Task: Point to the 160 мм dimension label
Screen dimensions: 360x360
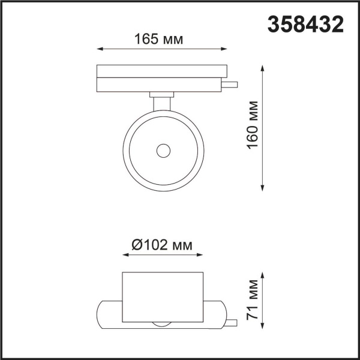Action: tap(253, 129)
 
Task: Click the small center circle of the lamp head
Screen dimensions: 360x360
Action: tap(163, 151)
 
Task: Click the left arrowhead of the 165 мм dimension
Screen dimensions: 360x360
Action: tap(99, 49)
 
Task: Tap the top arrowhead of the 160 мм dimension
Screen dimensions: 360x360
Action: tap(263, 67)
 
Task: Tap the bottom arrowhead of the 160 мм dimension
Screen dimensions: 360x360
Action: tap(263, 188)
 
